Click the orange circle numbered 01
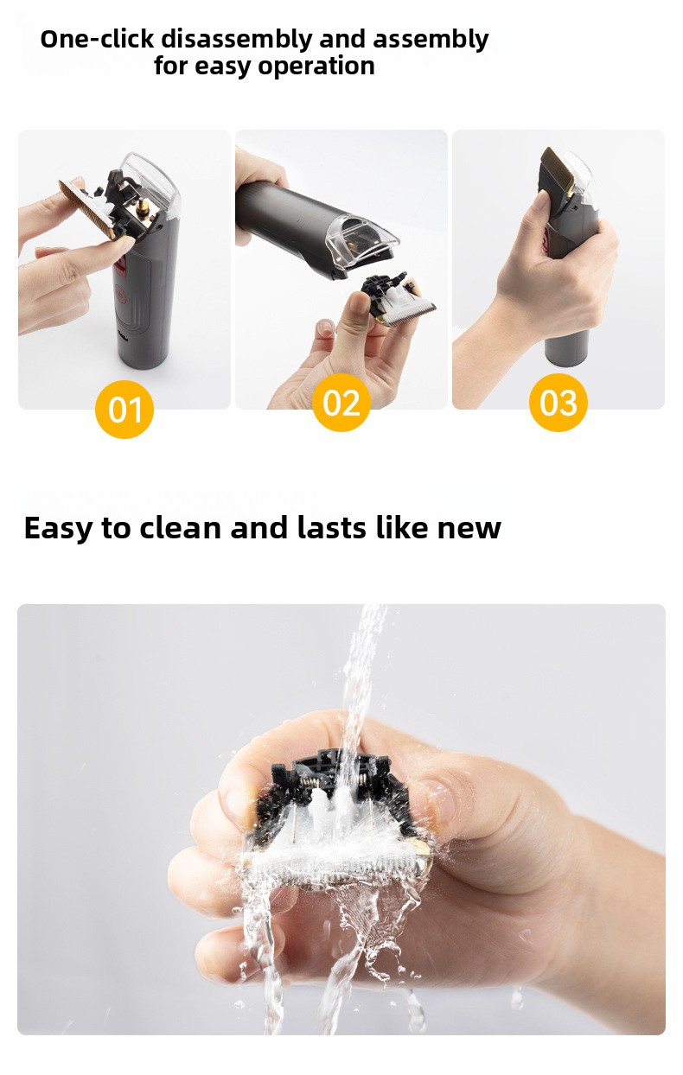pyautogui.click(x=124, y=409)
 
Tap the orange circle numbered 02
pyautogui.click(x=341, y=403)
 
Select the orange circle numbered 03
pyautogui.click(x=559, y=403)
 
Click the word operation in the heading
pyautogui.click(x=316, y=67)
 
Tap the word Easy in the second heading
pyautogui.click(x=59, y=528)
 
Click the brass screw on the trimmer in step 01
pyautogui.click(x=141, y=207)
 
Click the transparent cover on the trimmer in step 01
pyautogui.click(x=149, y=182)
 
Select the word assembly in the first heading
pyautogui.click(x=431, y=41)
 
